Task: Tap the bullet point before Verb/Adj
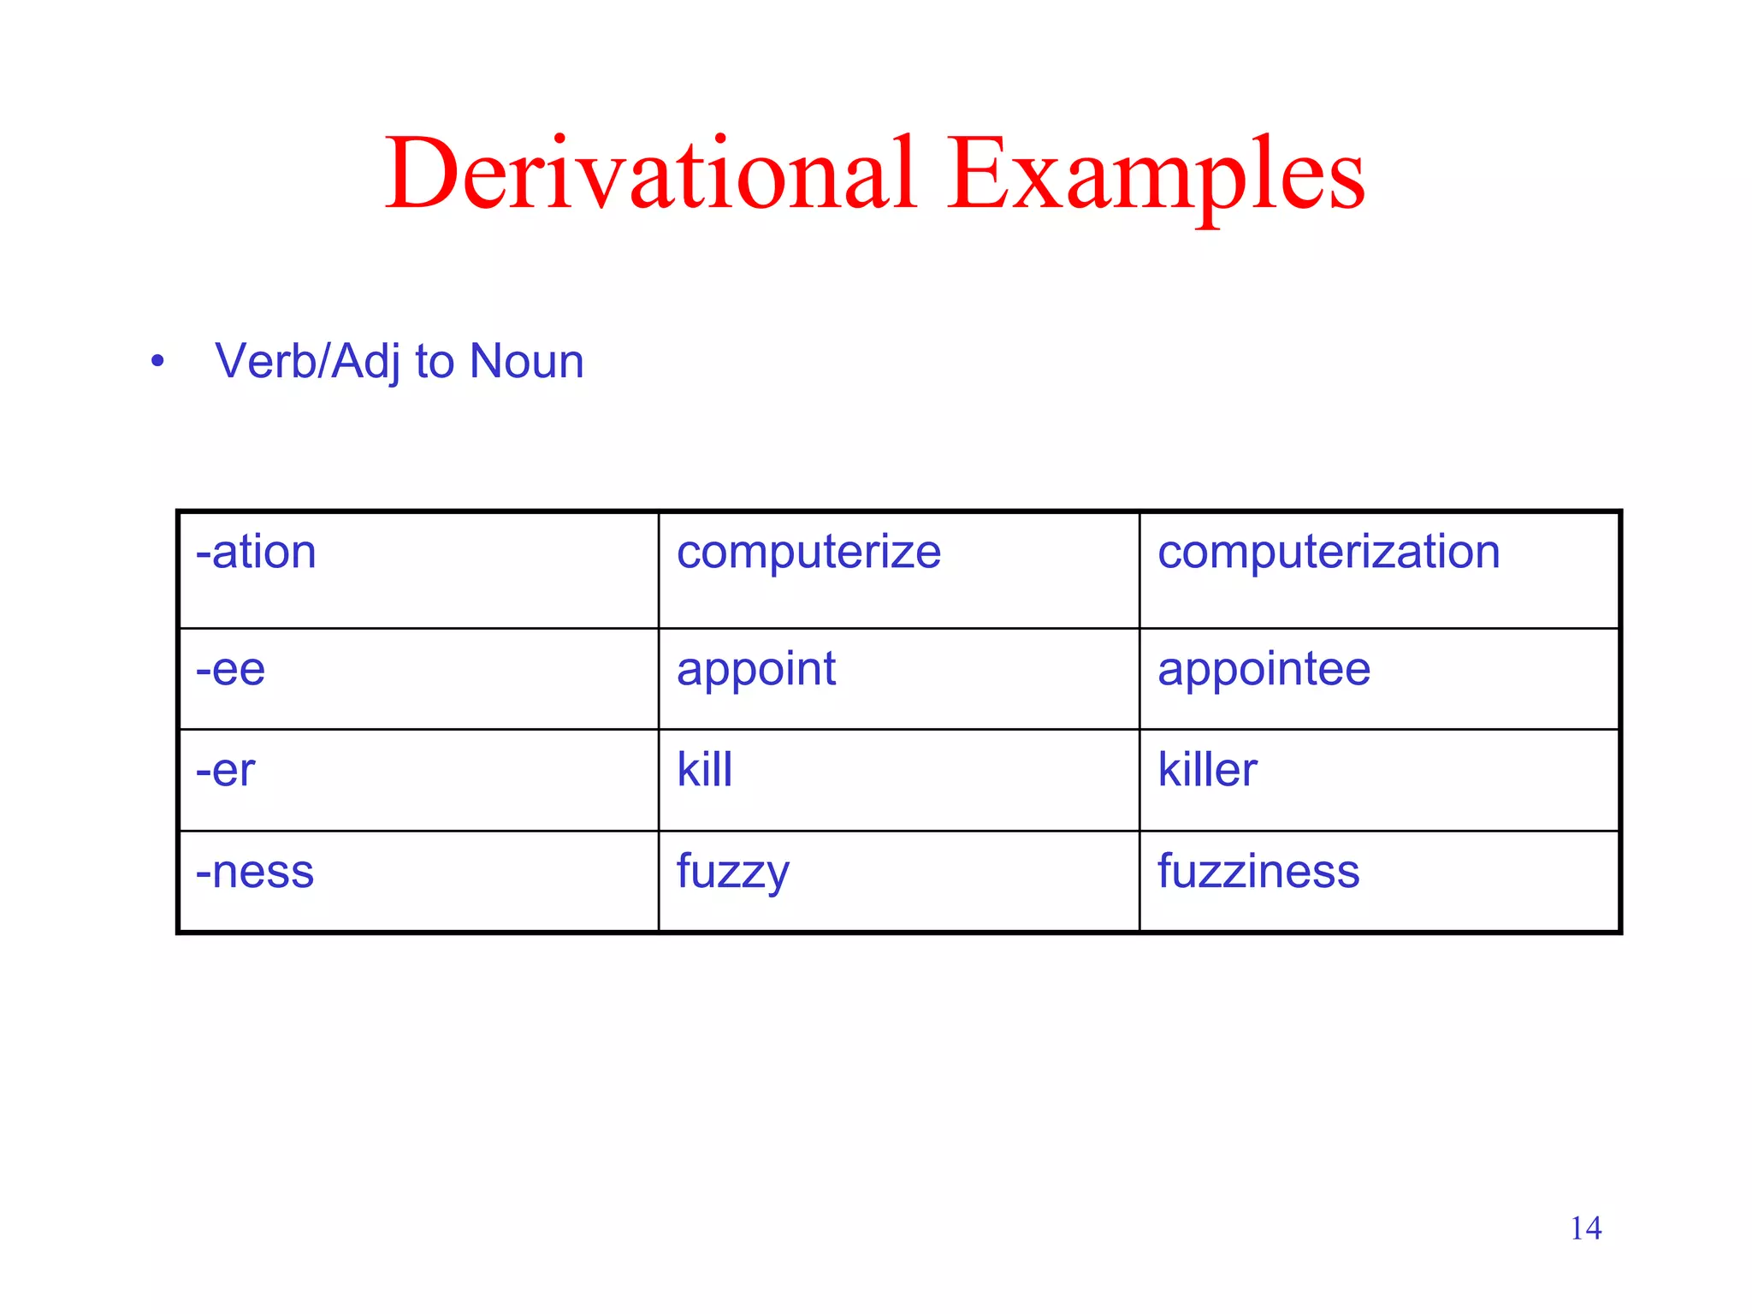coord(157,362)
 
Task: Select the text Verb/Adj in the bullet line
coord(308,362)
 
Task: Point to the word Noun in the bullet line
coord(527,361)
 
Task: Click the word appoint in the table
coord(756,670)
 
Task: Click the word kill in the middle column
coord(704,770)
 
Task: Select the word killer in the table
coord(1207,770)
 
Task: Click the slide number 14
coord(1585,1228)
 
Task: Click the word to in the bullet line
coord(435,362)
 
